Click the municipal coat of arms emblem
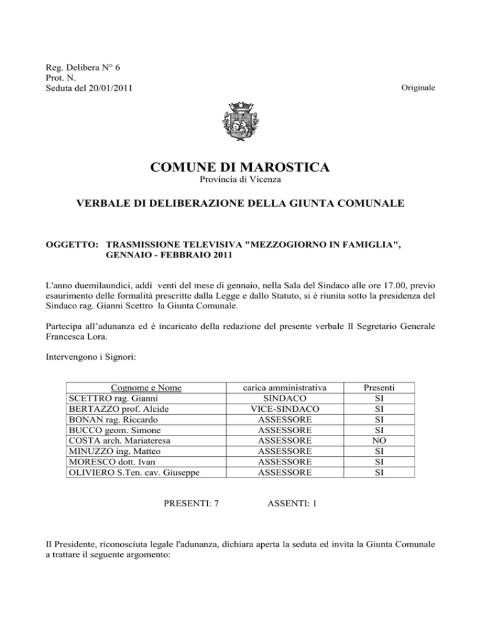pyautogui.click(x=240, y=123)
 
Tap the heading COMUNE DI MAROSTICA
pyautogui.click(x=240, y=168)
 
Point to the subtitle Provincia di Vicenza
pyautogui.click(x=240, y=181)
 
